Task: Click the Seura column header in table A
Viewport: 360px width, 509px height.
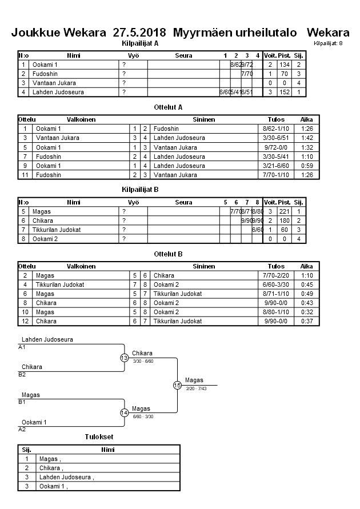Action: (183, 55)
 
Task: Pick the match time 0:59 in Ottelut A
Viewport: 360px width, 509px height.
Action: (306, 166)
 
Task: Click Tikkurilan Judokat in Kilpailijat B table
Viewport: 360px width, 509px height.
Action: (57, 230)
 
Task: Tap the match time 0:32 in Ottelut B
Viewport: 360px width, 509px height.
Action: (306, 312)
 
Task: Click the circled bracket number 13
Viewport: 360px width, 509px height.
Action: (124, 358)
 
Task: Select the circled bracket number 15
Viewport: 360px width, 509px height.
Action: (177, 385)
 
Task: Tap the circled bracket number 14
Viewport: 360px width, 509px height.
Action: (124, 412)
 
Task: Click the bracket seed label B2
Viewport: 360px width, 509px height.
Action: (22, 375)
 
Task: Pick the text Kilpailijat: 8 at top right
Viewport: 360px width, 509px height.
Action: (328, 43)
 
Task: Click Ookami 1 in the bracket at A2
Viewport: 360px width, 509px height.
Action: (35, 422)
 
